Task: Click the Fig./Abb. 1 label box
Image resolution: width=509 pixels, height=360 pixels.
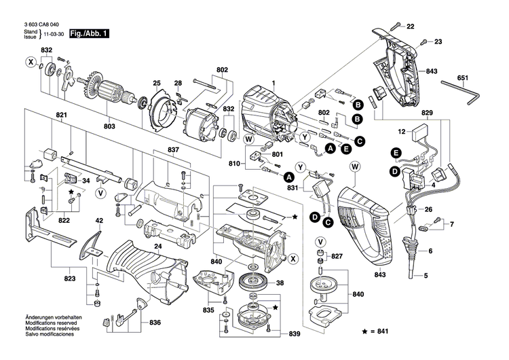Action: coord(90,33)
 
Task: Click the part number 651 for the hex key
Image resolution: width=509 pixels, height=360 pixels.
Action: coord(462,78)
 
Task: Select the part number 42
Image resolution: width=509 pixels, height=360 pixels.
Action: coord(99,221)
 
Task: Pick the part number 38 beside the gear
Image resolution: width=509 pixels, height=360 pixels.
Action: coord(280,284)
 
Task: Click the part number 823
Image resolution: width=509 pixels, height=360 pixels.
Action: coord(70,279)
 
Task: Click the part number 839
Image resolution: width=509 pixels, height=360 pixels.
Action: coord(294,334)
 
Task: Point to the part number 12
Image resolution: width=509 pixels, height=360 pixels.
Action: coord(401,132)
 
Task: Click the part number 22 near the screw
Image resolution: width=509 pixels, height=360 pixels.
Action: coord(410,26)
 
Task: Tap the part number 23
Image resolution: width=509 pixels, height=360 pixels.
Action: coord(438,42)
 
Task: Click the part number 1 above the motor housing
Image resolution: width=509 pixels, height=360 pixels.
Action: coord(274,84)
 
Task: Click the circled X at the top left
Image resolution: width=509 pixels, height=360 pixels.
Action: coord(30,63)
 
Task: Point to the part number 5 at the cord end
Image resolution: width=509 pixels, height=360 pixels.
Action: coord(426,276)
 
